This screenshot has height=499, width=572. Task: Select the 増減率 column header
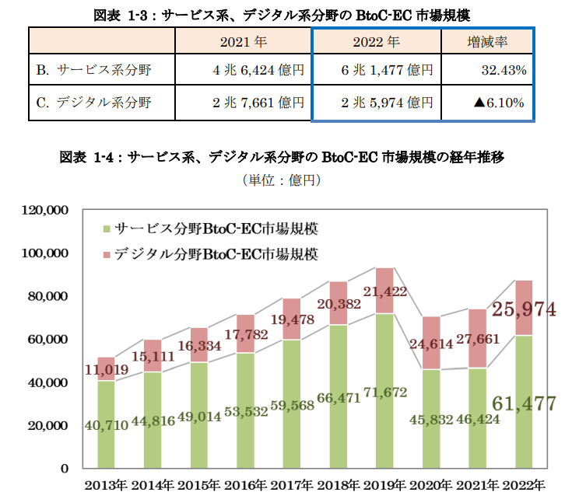click(487, 42)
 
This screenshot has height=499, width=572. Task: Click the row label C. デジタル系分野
click(93, 102)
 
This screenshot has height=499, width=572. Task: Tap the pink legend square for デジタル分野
click(106, 254)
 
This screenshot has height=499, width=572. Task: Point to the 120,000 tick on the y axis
click(48, 211)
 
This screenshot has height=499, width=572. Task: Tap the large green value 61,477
click(523, 403)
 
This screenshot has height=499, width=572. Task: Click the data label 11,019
click(104, 372)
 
